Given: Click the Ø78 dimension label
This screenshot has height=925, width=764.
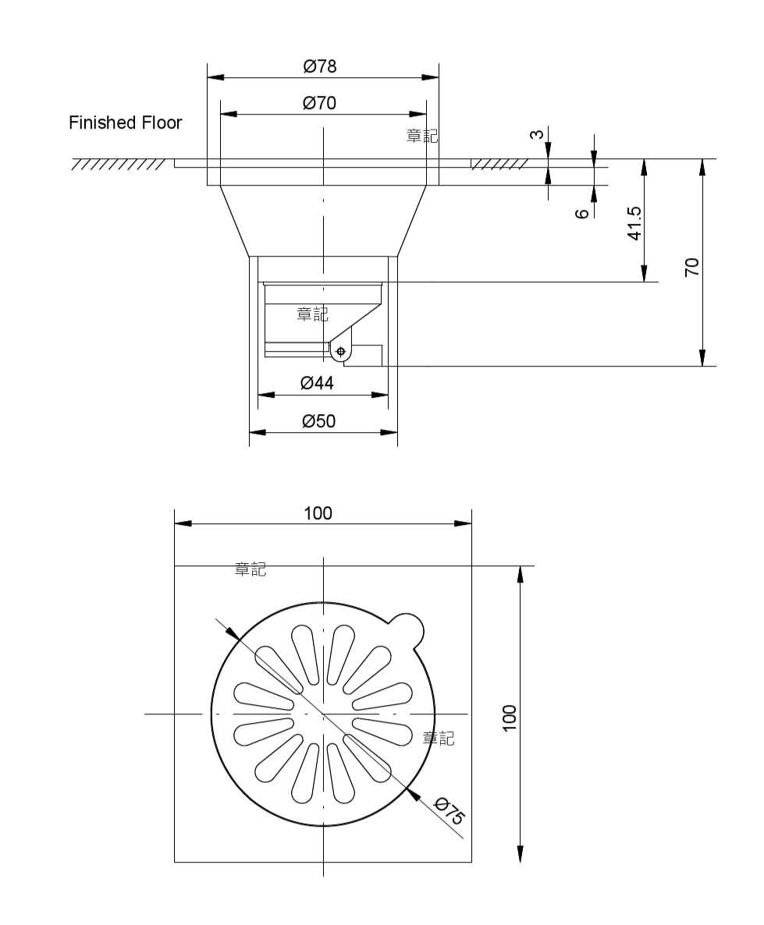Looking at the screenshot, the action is [x=320, y=66].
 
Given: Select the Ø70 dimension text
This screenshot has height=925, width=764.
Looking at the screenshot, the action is [x=319, y=103].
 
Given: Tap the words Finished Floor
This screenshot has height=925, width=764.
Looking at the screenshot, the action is [x=125, y=122].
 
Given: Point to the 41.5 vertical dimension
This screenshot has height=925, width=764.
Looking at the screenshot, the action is [x=634, y=223].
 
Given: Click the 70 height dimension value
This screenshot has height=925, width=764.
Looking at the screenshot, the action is [x=692, y=267].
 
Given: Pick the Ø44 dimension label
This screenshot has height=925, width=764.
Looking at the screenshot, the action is [x=317, y=384].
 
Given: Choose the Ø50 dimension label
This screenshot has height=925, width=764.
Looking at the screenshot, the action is [x=319, y=421].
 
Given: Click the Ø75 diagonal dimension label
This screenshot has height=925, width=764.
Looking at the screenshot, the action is [x=450, y=810].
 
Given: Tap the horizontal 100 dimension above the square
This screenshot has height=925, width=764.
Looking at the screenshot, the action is [x=318, y=513].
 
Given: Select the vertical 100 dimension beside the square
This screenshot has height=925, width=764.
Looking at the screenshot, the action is [x=509, y=718].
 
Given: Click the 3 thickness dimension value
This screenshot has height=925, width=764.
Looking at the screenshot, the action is [x=536, y=134].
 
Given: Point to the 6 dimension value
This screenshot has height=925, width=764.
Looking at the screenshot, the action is [x=582, y=213].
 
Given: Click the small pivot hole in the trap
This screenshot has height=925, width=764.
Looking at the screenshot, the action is [x=341, y=352].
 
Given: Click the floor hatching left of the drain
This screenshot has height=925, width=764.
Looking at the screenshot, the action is [x=118, y=164].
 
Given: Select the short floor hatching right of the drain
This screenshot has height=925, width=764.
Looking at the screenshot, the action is [x=499, y=164].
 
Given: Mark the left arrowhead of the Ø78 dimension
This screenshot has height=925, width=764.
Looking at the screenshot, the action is [x=215, y=77].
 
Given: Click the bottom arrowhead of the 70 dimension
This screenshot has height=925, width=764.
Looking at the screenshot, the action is [x=702, y=357].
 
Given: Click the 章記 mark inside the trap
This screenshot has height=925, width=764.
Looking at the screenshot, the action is [x=312, y=314].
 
